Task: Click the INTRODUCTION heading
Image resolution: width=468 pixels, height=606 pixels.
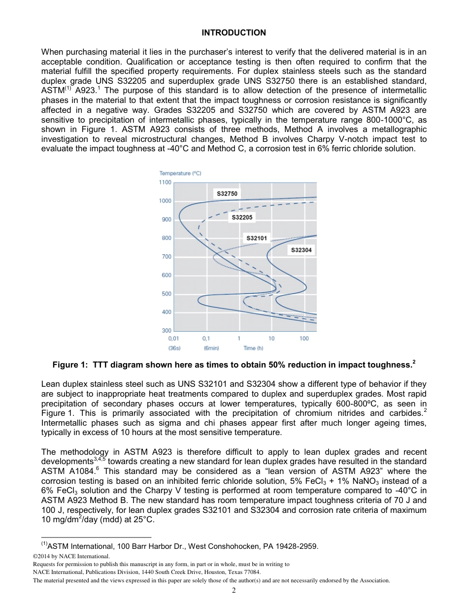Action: click(234, 33)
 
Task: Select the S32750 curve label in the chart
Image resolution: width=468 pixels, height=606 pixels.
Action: click(227, 194)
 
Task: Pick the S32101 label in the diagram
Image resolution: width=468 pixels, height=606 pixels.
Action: click(257, 238)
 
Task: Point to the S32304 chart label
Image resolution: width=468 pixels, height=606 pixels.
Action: click(301, 250)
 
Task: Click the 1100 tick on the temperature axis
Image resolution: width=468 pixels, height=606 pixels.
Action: click(165, 183)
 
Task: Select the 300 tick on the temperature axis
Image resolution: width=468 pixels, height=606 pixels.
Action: click(167, 331)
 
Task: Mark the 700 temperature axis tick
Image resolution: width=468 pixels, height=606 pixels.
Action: click(167, 257)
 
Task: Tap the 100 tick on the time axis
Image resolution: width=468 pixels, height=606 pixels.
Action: click(304, 339)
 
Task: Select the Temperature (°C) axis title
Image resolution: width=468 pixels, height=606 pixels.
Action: click(180, 173)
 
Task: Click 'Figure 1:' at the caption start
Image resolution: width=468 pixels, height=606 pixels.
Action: click(68, 365)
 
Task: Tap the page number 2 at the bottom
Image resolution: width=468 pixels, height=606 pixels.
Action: click(234, 591)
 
